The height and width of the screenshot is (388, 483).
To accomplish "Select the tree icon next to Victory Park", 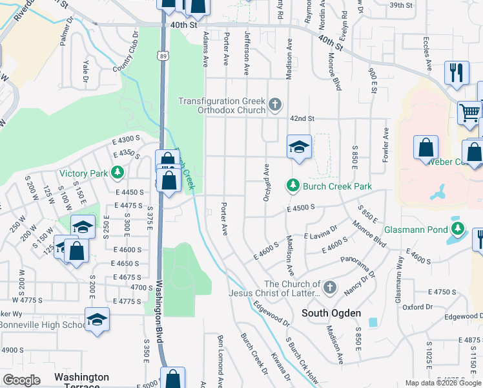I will tap(117, 173).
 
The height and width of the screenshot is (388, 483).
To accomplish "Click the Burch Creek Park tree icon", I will tap(293, 186).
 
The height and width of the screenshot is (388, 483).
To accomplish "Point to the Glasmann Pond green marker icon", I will tap(458, 229).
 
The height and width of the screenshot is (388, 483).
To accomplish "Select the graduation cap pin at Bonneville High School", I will tap(97, 319).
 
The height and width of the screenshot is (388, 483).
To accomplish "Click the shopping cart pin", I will tap(469, 113).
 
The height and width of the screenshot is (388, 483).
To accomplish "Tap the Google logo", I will tap(21, 380).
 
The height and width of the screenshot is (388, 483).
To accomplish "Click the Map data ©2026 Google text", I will tap(443, 383).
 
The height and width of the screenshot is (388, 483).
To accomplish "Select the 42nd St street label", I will tap(302, 119).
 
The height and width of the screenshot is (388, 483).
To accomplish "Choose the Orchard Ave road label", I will tap(266, 182).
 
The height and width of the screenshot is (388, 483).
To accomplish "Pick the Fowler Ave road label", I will tap(385, 145).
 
